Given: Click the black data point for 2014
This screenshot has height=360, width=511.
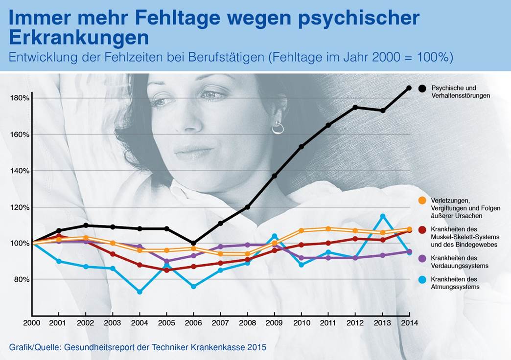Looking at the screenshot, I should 409,88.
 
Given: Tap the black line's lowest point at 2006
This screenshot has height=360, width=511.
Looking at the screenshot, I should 193,243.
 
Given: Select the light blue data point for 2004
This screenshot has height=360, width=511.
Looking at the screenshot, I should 139,292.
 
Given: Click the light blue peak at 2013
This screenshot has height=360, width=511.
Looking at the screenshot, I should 383,216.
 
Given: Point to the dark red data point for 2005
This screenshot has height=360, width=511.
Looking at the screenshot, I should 166,270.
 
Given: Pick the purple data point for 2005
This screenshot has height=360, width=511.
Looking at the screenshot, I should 166,261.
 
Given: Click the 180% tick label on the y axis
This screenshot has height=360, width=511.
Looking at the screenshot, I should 19,98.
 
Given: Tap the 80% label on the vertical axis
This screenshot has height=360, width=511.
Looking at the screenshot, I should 21,280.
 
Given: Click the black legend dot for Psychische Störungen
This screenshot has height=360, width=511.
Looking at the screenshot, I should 422,89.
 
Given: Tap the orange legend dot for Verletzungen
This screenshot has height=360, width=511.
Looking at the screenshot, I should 422,201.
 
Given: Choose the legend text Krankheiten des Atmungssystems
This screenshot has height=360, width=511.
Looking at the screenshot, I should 455,283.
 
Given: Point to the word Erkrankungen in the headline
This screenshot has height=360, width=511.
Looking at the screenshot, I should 79,37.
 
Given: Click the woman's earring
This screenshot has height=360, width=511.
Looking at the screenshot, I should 277,129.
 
